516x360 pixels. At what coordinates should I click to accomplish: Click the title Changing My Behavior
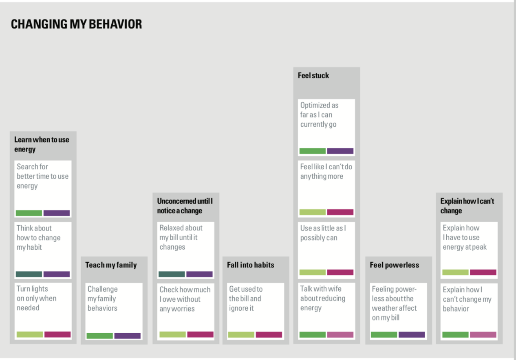click(76, 24)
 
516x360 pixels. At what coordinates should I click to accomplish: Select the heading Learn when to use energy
click(42, 144)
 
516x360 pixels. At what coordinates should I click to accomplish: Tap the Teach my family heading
click(111, 265)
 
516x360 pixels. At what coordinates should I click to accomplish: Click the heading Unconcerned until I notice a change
click(185, 206)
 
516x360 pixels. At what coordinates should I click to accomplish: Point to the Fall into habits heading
click(251, 265)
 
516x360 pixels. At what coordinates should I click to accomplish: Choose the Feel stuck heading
click(313, 75)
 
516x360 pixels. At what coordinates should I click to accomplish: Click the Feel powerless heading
click(395, 265)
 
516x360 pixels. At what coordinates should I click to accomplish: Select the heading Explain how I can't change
click(467, 206)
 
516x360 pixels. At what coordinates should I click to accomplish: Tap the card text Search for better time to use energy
click(43, 176)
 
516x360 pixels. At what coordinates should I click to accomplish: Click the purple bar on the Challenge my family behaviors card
click(128, 336)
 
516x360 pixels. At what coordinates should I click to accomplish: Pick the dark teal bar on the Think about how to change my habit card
click(29, 274)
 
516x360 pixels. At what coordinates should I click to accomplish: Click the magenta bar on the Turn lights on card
click(57, 334)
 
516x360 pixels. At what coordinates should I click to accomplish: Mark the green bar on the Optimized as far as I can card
click(313, 151)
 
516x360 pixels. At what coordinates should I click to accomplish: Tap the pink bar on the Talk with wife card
click(340, 335)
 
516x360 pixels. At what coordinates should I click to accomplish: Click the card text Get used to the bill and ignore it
click(246, 299)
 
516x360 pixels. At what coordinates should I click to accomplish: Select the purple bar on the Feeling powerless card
click(412, 335)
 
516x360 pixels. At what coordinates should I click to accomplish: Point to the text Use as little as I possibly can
click(323, 233)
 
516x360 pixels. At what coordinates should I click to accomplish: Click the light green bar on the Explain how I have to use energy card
click(455, 272)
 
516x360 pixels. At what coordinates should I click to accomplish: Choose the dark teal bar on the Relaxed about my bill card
click(172, 274)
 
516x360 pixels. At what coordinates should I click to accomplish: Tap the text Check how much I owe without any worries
click(185, 299)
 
